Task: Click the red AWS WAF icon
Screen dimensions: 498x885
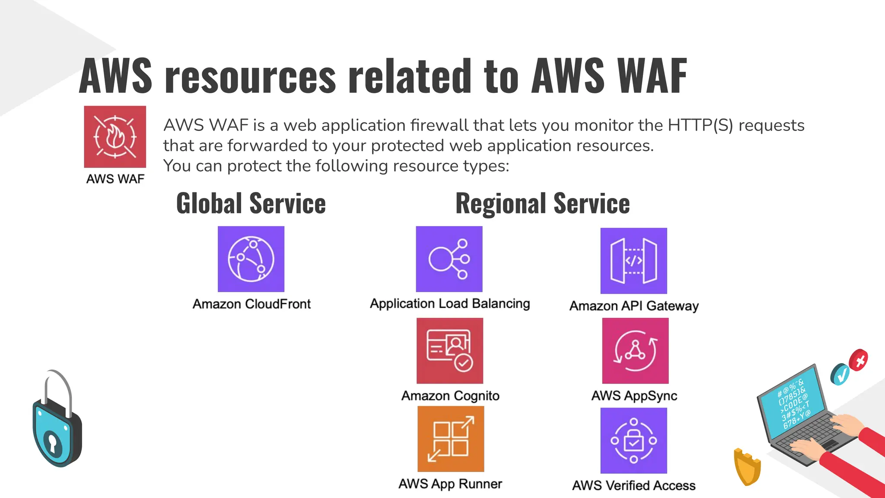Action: [115, 137]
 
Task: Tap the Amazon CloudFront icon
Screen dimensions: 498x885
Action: [251, 259]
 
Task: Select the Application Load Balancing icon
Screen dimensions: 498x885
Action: [449, 259]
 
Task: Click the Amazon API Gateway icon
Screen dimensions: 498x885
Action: [634, 261]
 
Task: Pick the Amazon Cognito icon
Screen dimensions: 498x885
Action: [450, 351]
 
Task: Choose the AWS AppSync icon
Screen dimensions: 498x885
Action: [635, 351]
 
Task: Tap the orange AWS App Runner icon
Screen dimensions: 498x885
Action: [451, 439]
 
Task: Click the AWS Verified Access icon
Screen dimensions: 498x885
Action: [634, 441]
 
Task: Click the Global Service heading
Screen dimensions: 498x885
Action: [251, 204]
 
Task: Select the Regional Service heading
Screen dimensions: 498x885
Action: [543, 204]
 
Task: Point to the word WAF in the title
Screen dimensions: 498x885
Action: [653, 76]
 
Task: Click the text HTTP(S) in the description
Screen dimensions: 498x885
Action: [700, 125]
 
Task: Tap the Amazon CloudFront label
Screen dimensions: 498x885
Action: [251, 304]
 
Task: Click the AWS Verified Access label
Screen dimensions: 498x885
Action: [634, 485]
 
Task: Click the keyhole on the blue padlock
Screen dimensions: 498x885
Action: [53, 442]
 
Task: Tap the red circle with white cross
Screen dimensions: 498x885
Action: [859, 360]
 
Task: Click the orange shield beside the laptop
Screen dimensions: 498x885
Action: [747, 466]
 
